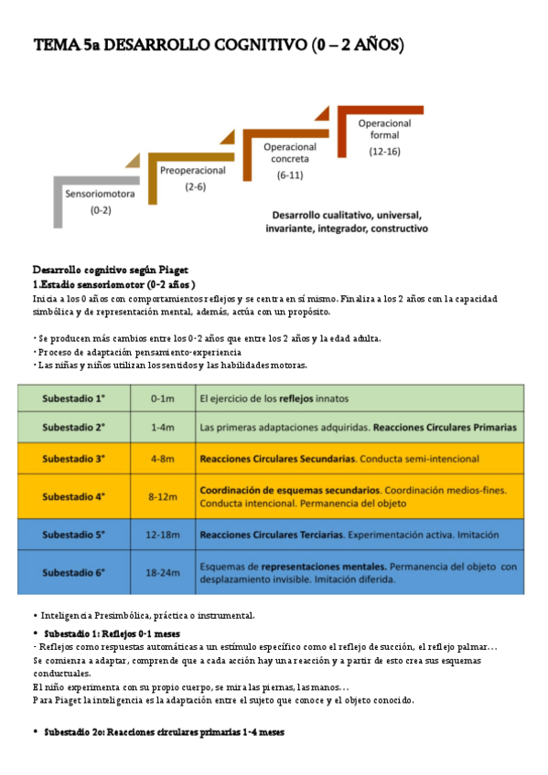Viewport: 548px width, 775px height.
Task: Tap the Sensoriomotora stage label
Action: pyautogui.click(x=101, y=194)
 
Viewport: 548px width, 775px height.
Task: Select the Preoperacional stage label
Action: pyautogui.click(x=193, y=171)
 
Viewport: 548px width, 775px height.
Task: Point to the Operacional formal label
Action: pyautogui.click(x=384, y=129)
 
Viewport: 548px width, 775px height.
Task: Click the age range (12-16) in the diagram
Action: pyautogui.click(x=384, y=153)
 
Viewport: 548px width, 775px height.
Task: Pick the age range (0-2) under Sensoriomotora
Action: pyautogui.click(x=101, y=210)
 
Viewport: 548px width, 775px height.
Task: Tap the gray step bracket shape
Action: pyautogui.click(x=59, y=200)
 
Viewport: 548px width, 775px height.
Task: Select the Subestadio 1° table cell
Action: pyautogui.click(x=74, y=398)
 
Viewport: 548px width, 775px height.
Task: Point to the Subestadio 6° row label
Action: pyautogui.click(x=74, y=572)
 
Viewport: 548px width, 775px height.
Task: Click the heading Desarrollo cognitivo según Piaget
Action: pyautogui.click(x=110, y=270)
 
